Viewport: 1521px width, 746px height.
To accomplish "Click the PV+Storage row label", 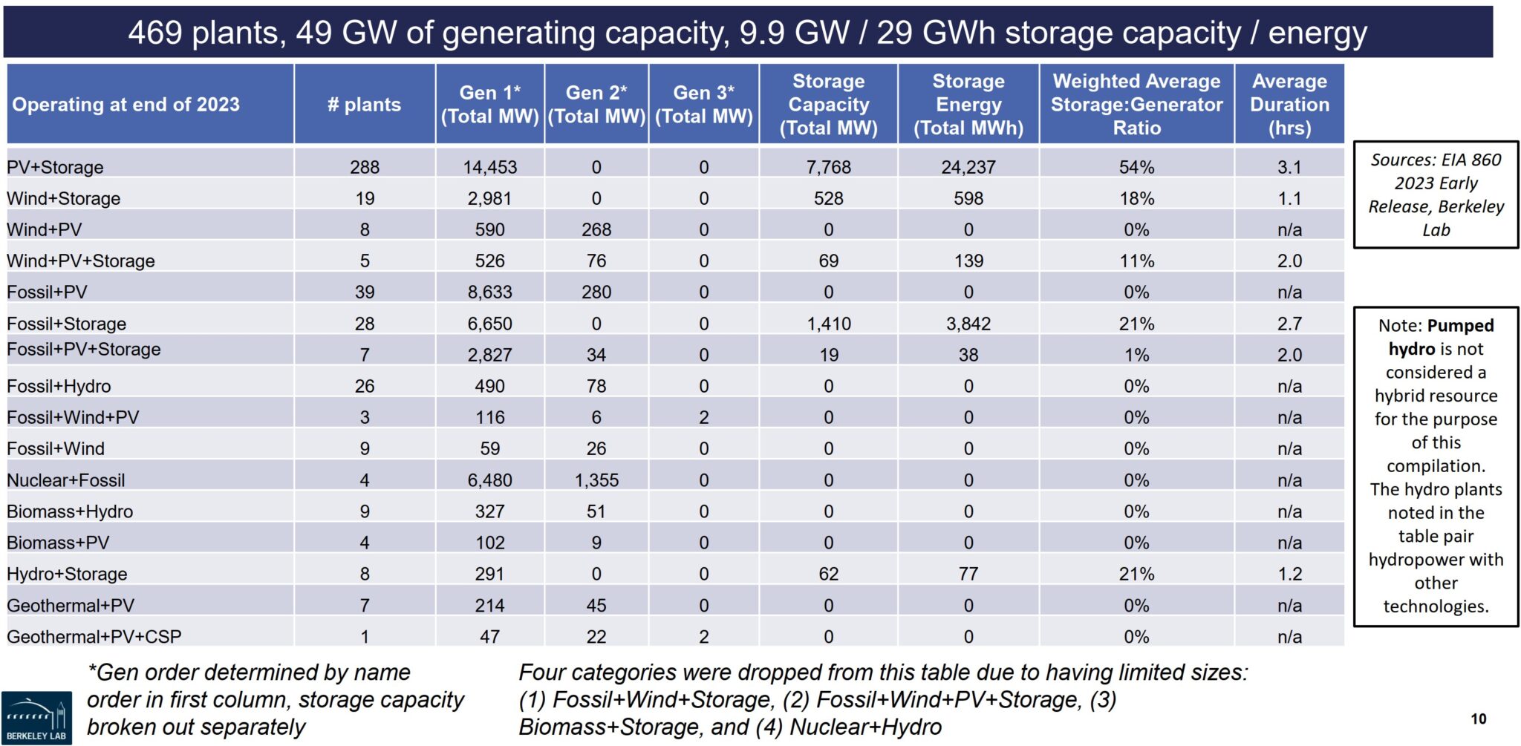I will pos(55,167).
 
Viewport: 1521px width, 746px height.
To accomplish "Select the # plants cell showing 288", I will pos(365,167).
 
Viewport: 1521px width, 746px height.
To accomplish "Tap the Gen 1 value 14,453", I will pos(489,167).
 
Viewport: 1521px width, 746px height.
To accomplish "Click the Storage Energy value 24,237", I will pos(968,167).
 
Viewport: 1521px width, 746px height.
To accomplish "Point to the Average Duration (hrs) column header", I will pos(1289,104).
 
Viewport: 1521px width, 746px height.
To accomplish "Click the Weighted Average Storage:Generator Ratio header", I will pos(1136,104).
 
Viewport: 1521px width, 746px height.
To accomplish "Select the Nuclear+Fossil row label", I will pos(65,480).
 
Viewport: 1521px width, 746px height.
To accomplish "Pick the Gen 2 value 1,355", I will pos(596,480).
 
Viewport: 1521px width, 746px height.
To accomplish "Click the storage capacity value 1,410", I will pos(829,324).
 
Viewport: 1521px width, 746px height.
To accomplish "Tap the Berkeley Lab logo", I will pos(36,717).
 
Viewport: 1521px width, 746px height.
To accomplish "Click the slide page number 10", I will pos(1478,719).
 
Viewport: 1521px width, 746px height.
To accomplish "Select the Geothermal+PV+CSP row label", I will pos(94,637).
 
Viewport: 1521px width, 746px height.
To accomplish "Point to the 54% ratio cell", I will pos(1136,167).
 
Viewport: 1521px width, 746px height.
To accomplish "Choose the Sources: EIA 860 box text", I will pos(1436,194).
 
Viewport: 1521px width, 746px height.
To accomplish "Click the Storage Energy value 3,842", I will pos(968,324).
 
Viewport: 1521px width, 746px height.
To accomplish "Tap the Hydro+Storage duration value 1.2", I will pos(1289,574).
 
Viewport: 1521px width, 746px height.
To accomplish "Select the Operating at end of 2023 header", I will pos(126,104).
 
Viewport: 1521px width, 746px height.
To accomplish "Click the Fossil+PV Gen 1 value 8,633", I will pos(489,292).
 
